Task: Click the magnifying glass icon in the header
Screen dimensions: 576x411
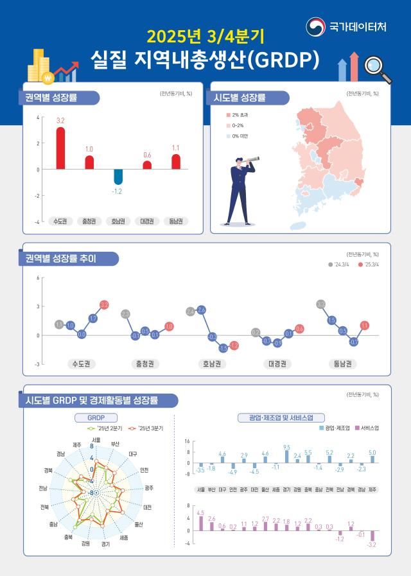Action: tap(378, 69)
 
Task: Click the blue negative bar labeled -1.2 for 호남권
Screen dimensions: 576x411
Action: tap(118, 177)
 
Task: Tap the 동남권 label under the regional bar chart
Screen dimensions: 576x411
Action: tap(176, 221)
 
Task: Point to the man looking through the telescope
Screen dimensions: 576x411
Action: tap(241, 189)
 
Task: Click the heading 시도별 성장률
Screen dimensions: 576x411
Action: tap(243, 98)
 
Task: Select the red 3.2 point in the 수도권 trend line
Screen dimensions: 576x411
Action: tap(104, 304)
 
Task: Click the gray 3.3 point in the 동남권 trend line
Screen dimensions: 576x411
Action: tap(321, 304)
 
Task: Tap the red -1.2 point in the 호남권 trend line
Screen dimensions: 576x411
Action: tap(234, 346)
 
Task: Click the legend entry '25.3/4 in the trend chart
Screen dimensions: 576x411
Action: tap(369, 264)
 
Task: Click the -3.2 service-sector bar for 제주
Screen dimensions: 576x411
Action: tap(372, 536)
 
